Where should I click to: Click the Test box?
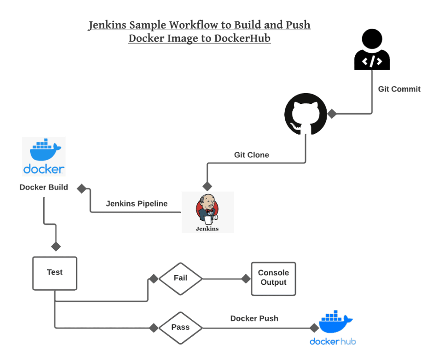click(x=55, y=273)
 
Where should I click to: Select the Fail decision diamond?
click(x=180, y=278)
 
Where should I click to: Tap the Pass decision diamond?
click(x=180, y=328)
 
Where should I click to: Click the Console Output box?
click(x=273, y=278)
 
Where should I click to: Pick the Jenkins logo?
click(x=207, y=212)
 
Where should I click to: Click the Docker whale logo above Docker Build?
click(x=44, y=156)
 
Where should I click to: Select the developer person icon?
click(x=372, y=51)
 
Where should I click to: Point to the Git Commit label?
click(x=399, y=89)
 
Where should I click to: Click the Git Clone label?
click(x=251, y=154)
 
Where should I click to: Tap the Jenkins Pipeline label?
click(x=137, y=204)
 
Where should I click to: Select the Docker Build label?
click(x=44, y=188)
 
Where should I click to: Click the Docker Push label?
click(x=254, y=318)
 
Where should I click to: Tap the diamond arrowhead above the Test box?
click(x=56, y=247)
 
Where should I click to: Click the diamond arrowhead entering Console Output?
click(x=245, y=279)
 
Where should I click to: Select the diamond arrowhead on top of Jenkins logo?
click(x=208, y=186)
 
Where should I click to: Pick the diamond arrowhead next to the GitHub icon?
click(x=332, y=114)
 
